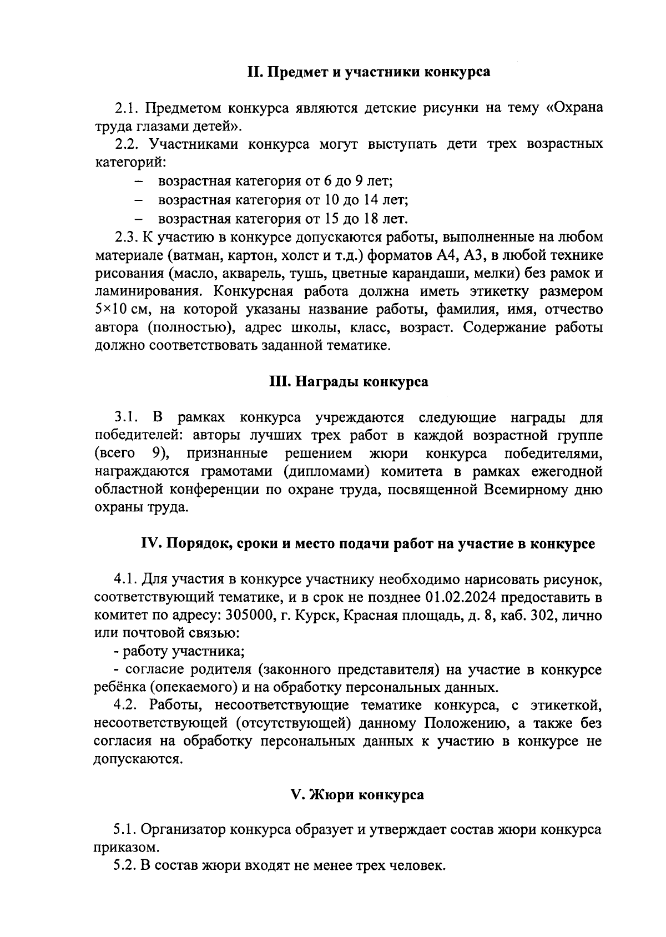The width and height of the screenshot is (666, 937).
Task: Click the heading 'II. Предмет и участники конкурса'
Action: click(369, 72)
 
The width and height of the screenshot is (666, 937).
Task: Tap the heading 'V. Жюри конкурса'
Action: click(357, 794)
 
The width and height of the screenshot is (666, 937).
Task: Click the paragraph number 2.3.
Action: click(126, 237)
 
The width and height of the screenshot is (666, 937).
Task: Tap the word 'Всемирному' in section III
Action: click(527, 490)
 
